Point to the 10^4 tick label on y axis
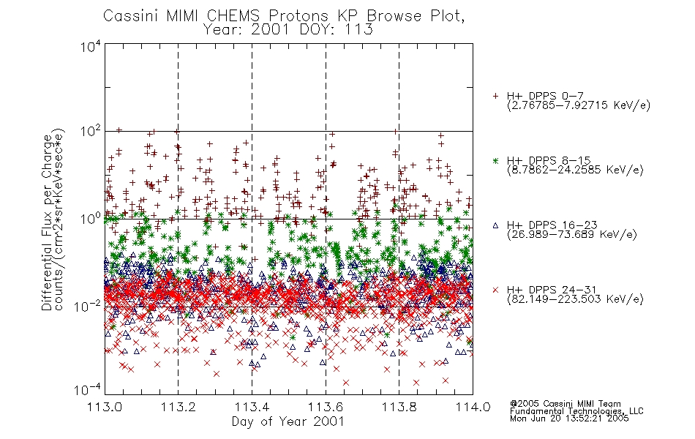(x=91, y=46)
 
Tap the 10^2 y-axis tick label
(x=91, y=132)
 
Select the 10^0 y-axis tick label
(x=91, y=219)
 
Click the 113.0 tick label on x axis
(x=105, y=407)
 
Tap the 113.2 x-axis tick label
(x=179, y=407)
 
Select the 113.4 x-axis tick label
(x=252, y=407)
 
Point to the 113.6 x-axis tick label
(x=326, y=407)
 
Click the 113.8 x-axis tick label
(x=399, y=407)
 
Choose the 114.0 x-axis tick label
(x=473, y=407)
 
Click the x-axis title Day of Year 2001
(x=288, y=421)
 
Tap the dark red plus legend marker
(x=495, y=96)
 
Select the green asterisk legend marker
(x=495, y=160)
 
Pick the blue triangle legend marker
(x=495, y=225)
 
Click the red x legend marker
(x=495, y=290)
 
